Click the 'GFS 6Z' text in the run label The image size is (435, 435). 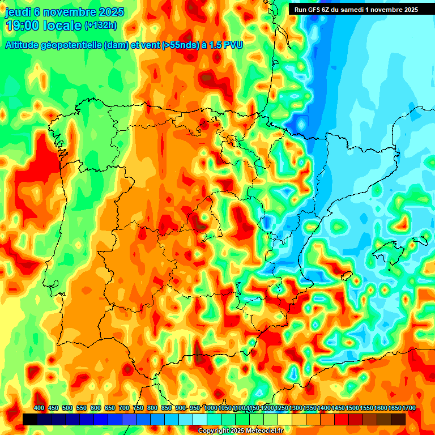tap(319, 9)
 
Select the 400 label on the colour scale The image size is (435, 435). tap(39, 408)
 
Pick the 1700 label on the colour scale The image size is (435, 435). tap(394, 408)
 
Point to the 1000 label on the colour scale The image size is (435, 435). tap(210, 408)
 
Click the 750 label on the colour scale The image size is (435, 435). tap(138, 408)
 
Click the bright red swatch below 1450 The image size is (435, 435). tap(342, 419)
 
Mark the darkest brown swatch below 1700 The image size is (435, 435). tap(398, 419)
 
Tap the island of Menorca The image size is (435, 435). tap(420, 240)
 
